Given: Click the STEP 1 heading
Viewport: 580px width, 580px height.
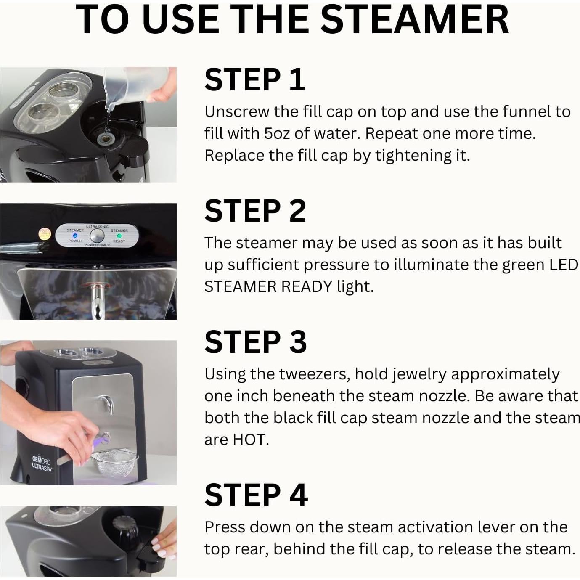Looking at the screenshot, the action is click(x=254, y=79).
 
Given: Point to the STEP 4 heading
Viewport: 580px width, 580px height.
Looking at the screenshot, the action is click(x=256, y=495).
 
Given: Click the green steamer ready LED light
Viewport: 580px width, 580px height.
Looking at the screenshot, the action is click(x=119, y=236).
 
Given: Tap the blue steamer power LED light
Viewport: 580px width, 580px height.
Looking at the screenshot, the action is click(x=75, y=236).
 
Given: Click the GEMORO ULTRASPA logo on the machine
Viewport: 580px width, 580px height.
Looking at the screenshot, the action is click(x=42, y=464).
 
